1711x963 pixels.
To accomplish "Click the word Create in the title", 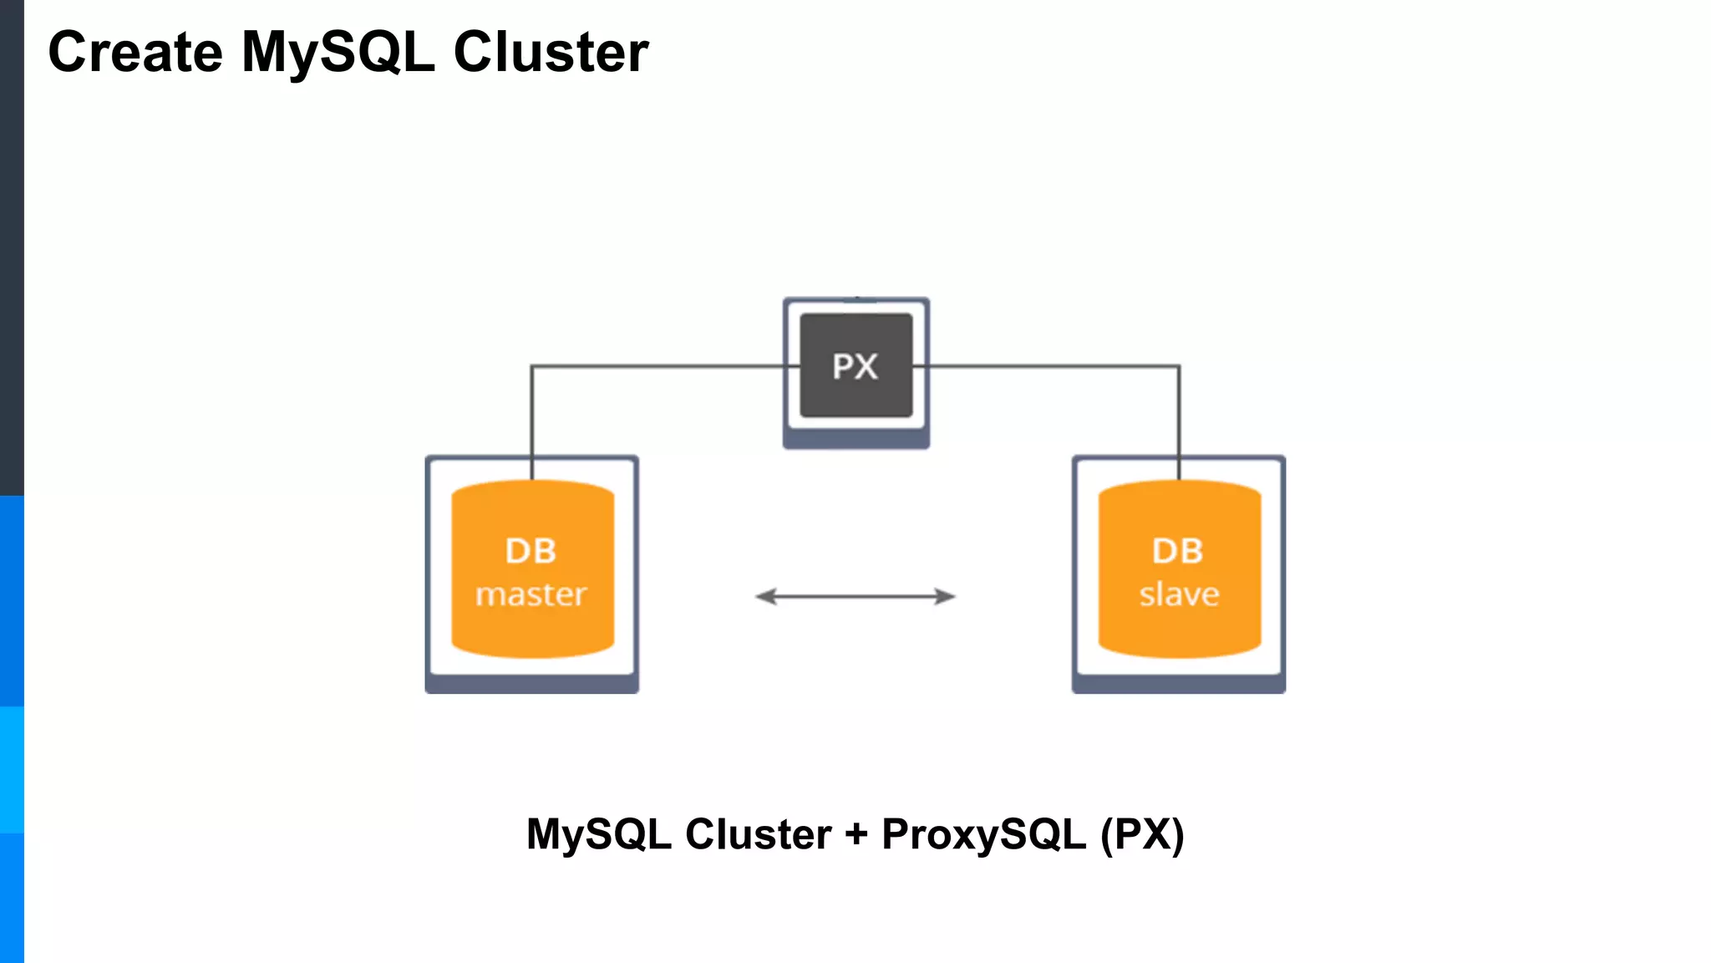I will pyautogui.click(x=135, y=52).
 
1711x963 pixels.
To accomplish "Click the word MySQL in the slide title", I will pyautogui.click(x=338, y=52).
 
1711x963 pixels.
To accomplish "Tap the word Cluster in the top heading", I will pyautogui.click(x=551, y=52).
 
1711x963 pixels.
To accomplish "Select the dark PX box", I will pyautogui.click(x=855, y=365).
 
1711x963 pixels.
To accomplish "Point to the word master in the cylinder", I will pyautogui.click(x=531, y=594).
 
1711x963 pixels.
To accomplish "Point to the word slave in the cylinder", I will pyautogui.click(x=1179, y=594).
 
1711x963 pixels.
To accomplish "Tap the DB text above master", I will pyautogui.click(x=531, y=551).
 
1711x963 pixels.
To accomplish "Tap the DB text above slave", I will pyautogui.click(x=1177, y=551).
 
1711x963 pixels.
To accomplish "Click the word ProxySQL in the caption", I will pyautogui.click(x=983, y=834).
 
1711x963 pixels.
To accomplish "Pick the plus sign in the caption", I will pyautogui.click(x=856, y=834).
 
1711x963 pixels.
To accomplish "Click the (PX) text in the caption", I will pyautogui.click(x=1142, y=834).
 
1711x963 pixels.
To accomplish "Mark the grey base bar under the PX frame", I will pyautogui.click(x=855, y=440).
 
